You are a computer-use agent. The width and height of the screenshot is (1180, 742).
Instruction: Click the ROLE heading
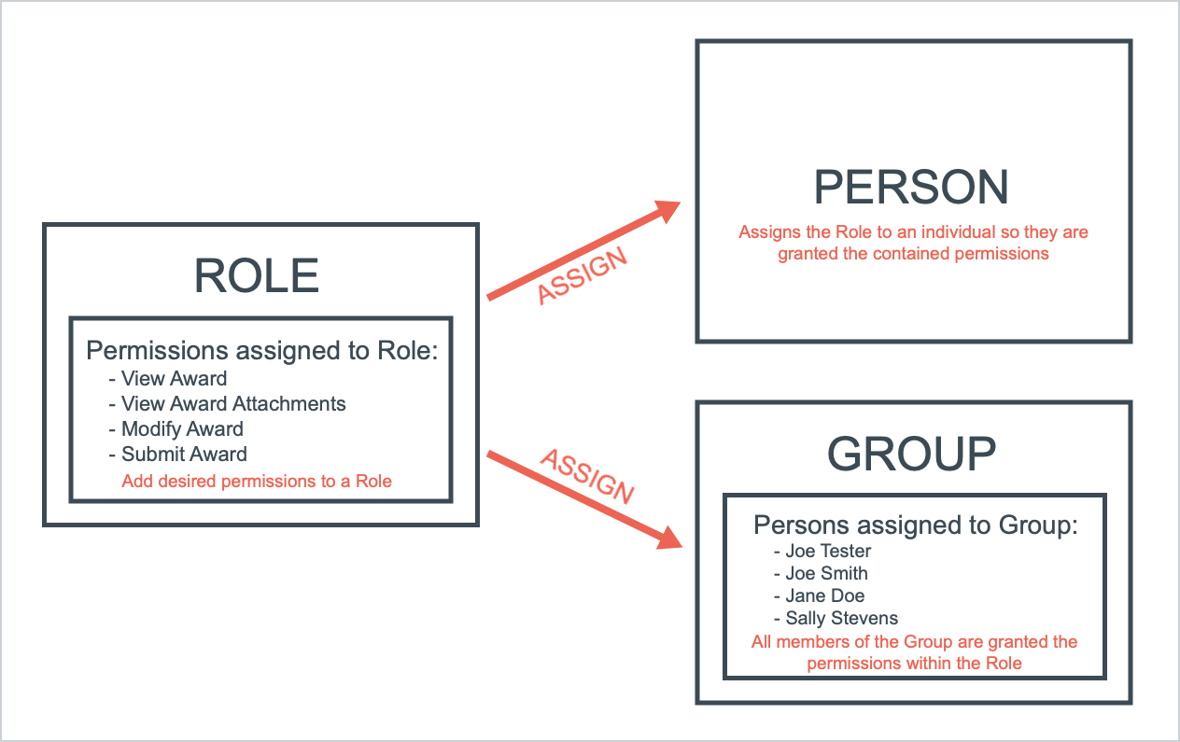(257, 275)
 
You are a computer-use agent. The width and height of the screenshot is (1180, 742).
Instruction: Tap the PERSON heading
(912, 188)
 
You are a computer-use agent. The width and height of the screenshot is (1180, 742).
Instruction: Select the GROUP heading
(912, 455)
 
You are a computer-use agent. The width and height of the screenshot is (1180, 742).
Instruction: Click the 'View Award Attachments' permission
(232, 404)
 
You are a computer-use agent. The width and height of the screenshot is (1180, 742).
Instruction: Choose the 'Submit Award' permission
(183, 455)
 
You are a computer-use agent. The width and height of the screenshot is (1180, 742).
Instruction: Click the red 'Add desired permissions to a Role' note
(257, 482)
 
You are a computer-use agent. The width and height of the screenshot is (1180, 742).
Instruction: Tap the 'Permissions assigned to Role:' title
(262, 350)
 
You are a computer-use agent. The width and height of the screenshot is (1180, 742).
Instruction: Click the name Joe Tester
(827, 551)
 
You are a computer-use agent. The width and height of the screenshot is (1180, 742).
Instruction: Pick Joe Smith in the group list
(825, 573)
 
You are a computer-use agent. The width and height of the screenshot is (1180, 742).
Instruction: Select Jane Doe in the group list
(824, 595)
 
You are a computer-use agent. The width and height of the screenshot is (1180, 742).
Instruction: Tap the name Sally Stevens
(840, 618)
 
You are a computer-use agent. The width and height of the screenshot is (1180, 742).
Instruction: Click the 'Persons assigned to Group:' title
(915, 525)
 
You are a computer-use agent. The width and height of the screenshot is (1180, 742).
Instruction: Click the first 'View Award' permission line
(173, 379)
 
